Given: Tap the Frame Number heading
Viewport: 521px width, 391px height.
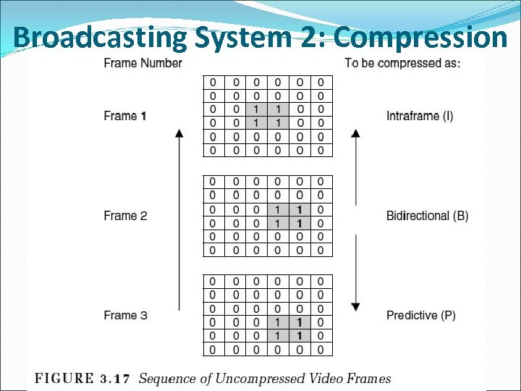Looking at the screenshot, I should (x=143, y=63).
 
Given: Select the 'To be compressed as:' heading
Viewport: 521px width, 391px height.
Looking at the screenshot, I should (x=402, y=63).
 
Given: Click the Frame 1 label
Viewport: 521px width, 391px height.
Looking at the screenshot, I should (x=125, y=116).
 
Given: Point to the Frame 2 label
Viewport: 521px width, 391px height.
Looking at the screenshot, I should (x=125, y=216).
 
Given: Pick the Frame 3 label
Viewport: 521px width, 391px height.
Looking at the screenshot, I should (x=125, y=315).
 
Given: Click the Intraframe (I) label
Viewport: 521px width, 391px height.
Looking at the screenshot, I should (x=420, y=116).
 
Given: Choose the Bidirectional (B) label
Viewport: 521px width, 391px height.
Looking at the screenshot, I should (x=427, y=216).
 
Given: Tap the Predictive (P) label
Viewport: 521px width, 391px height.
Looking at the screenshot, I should (x=421, y=315).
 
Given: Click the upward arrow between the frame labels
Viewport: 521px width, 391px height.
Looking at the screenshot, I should (x=178, y=217).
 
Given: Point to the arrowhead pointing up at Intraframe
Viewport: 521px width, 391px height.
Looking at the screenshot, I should (x=355, y=133).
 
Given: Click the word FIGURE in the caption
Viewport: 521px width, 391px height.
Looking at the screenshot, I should (x=64, y=379).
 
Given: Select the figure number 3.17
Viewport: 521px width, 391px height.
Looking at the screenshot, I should (x=114, y=379).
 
